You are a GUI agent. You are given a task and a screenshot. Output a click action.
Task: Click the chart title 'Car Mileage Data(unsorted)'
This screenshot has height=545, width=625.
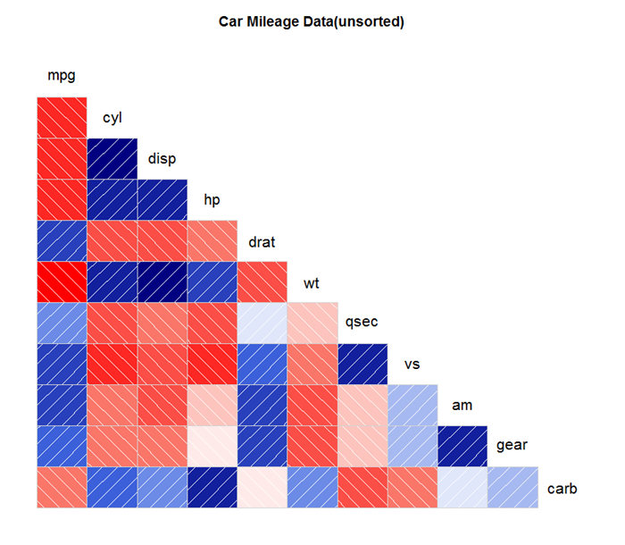click(x=312, y=21)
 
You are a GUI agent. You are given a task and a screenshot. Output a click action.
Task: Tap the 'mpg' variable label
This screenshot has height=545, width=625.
click(x=62, y=75)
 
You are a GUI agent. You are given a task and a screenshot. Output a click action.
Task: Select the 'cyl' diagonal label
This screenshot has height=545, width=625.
click(x=112, y=118)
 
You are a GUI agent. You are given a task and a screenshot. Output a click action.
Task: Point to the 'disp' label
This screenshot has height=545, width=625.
click(x=162, y=158)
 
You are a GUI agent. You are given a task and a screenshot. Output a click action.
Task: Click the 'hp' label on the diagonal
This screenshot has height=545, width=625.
click(x=212, y=199)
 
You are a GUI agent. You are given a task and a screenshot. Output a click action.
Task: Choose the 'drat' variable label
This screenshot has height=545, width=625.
click(x=262, y=242)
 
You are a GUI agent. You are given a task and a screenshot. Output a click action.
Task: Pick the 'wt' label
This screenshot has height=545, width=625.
click(x=312, y=283)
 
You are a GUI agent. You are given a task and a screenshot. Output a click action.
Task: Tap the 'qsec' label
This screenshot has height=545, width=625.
click(x=362, y=322)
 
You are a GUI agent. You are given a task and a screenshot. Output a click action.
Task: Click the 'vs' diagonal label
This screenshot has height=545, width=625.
click(x=412, y=365)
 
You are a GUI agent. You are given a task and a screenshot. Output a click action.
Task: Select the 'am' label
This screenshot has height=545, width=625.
click(x=462, y=406)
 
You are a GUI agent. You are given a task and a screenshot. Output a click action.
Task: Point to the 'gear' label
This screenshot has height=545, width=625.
click(x=512, y=445)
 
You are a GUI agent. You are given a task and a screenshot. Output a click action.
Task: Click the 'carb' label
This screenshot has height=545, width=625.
click(x=562, y=489)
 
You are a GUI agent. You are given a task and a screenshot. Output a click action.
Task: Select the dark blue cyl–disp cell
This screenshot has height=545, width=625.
click(x=112, y=159)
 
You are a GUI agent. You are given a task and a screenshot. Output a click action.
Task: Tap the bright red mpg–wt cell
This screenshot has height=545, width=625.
click(x=62, y=281)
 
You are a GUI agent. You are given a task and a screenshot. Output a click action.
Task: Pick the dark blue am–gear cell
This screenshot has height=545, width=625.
click(x=462, y=446)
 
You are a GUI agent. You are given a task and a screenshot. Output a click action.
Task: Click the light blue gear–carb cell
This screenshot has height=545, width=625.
click(x=512, y=487)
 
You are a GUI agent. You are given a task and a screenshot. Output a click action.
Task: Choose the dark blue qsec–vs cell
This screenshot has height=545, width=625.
click(x=362, y=364)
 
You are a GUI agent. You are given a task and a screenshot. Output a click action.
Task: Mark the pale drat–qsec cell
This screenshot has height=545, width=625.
click(x=262, y=323)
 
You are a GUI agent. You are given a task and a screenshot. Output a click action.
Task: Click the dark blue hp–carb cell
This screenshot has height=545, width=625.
click(x=212, y=487)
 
